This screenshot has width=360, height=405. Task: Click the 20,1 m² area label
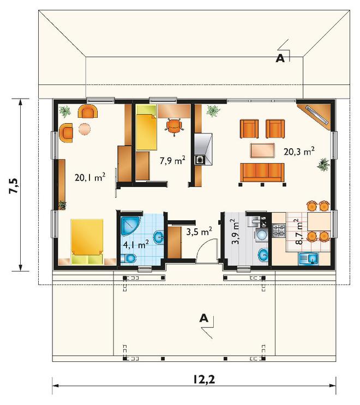click(x=90, y=177)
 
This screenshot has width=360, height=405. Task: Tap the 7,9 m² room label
click(x=172, y=161)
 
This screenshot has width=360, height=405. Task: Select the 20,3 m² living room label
click(x=299, y=152)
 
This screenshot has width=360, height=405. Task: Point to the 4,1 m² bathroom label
click(x=136, y=244)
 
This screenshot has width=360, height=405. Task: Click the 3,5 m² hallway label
click(x=199, y=232)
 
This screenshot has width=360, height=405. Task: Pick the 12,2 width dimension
click(x=204, y=379)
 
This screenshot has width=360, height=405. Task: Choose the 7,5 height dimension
click(x=14, y=185)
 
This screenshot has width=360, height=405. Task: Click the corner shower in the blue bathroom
click(x=130, y=226)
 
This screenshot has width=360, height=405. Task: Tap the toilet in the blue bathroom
click(x=128, y=258)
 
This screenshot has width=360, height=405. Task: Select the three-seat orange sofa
click(x=262, y=173)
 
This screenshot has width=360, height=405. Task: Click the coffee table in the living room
click(x=262, y=150)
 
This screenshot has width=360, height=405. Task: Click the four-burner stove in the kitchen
click(x=279, y=231)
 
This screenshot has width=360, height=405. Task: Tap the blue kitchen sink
click(x=309, y=259)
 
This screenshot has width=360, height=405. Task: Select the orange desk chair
click(x=174, y=126)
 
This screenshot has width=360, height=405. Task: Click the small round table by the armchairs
click(x=84, y=129)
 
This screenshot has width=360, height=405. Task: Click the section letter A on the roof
click(x=280, y=59)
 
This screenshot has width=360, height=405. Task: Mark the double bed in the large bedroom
click(x=87, y=242)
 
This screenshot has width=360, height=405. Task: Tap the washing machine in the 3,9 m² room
click(x=263, y=235)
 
